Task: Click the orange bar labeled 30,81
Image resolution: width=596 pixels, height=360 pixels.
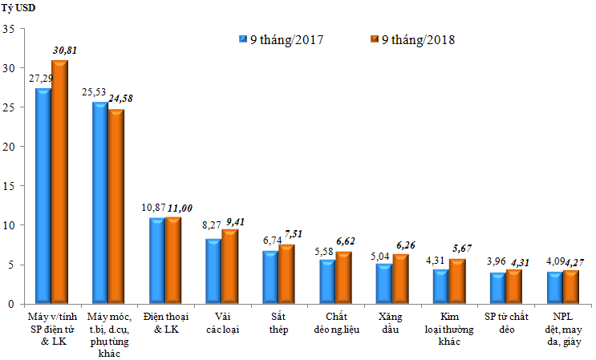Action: pyautogui.click(x=59, y=183)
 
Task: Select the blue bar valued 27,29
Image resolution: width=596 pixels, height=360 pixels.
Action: pyautogui.click(x=43, y=196)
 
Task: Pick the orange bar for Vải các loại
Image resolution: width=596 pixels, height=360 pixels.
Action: pyautogui.click(x=230, y=267)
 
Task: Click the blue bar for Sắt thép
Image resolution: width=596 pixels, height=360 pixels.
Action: pyautogui.click(x=271, y=277)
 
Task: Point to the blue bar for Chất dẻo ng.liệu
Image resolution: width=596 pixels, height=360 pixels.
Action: pyautogui.click(x=328, y=282)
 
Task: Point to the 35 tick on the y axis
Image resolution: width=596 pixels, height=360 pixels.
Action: pyautogui.click(x=10, y=29)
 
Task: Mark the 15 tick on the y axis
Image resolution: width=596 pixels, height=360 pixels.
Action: pyautogui.click(x=10, y=186)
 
